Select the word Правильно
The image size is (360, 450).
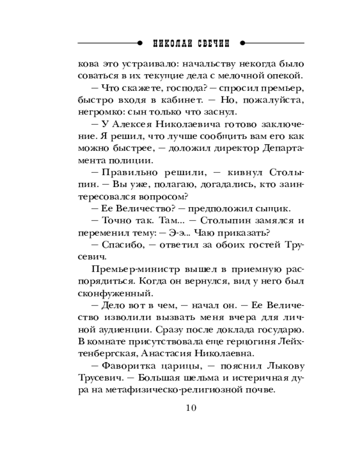tap(124, 172)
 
